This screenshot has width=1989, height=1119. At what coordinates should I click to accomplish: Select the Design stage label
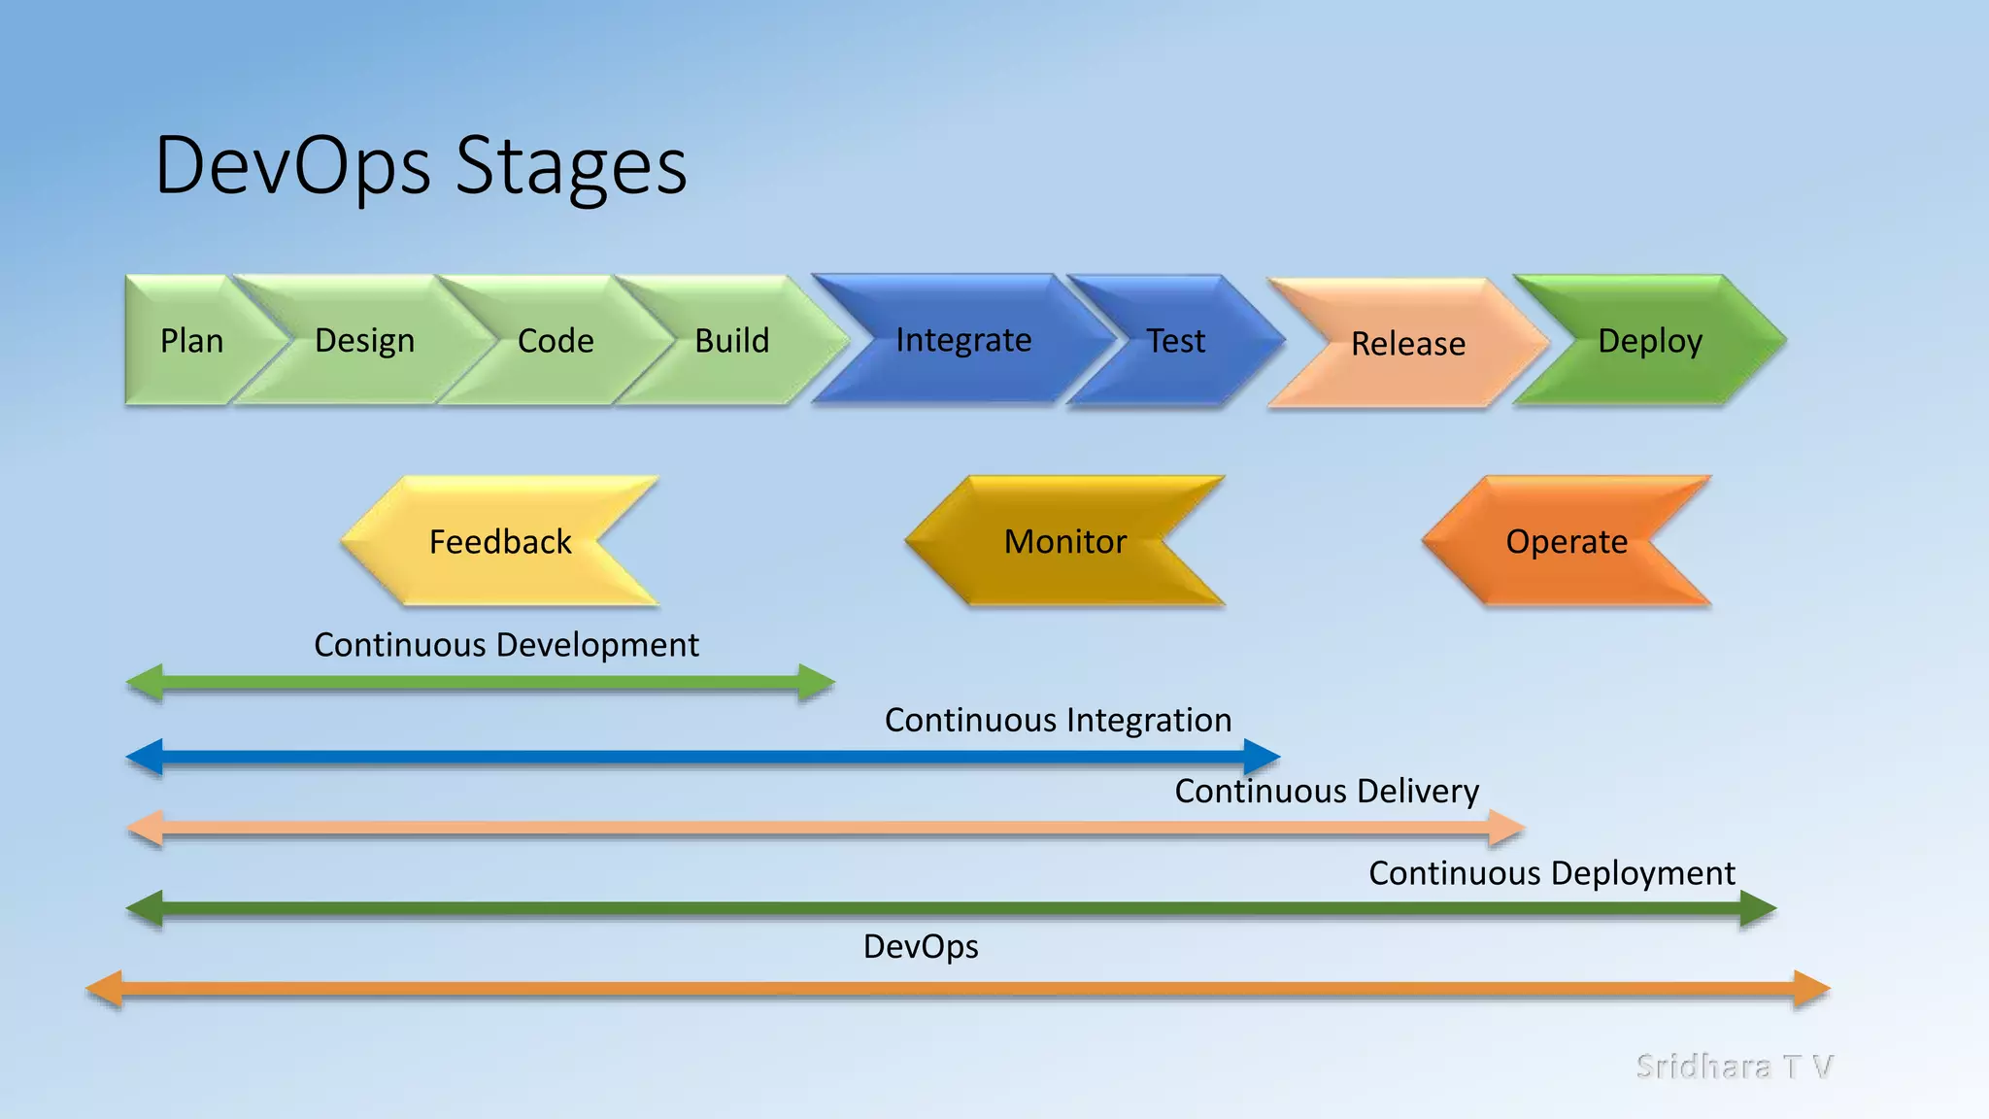(x=364, y=341)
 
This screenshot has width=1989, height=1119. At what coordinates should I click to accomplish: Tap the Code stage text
(x=555, y=341)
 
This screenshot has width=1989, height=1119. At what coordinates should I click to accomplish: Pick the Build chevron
(x=731, y=341)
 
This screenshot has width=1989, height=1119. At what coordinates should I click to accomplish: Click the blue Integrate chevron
(x=962, y=340)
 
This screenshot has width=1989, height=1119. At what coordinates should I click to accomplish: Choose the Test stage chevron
(x=1175, y=341)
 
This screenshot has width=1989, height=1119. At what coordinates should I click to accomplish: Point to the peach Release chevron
(x=1407, y=344)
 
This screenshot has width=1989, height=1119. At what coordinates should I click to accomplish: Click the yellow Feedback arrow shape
(x=499, y=542)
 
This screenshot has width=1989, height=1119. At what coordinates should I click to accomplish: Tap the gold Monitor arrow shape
(x=1064, y=542)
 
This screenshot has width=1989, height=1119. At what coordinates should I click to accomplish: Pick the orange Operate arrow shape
(x=1566, y=542)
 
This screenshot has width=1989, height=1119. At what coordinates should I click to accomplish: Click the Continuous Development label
(x=506, y=645)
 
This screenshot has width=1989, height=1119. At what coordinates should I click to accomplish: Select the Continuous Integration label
(x=1058, y=720)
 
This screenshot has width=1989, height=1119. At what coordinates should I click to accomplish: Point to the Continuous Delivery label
(x=1327, y=791)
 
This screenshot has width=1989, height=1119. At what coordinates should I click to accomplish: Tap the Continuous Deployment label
(x=1551, y=872)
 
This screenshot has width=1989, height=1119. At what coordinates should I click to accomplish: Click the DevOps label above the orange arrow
(x=921, y=946)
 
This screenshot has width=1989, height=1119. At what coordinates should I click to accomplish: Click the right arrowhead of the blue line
(x=1262, y=757)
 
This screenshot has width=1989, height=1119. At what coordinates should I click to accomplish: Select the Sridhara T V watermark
(x=1734, y=1067)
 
